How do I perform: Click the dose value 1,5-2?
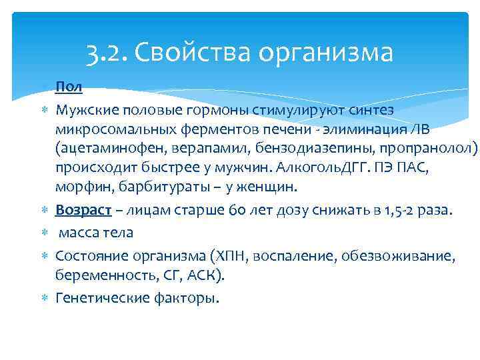coord(409,211)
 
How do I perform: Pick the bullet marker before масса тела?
coord(45,233)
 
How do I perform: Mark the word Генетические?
coord(101,297)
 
